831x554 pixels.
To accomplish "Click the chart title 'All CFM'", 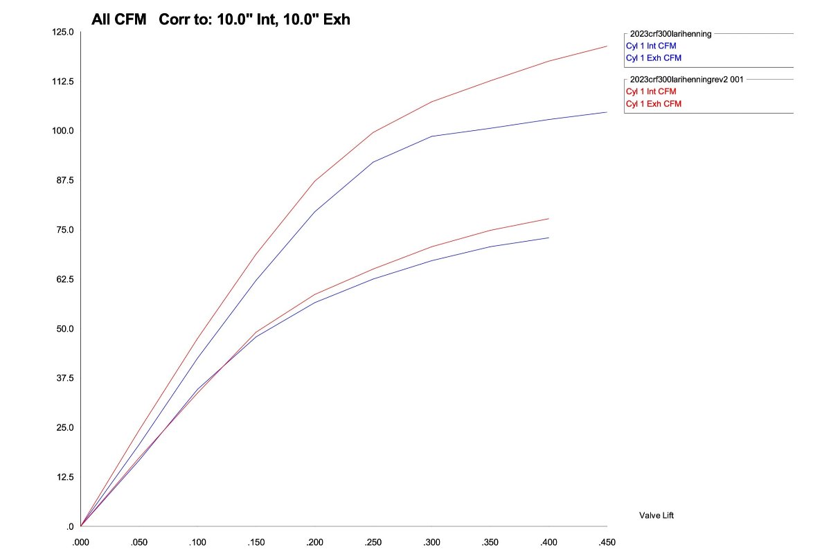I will point(118,19).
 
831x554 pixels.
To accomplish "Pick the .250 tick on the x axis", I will point(373,542).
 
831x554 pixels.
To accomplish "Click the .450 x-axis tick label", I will point(607,542).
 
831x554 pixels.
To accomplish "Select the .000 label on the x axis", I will point(81,542).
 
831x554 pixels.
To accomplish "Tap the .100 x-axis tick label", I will point(198,542).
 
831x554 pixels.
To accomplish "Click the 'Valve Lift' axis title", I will point(656,515).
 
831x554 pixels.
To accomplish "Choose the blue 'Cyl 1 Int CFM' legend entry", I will point(651,46).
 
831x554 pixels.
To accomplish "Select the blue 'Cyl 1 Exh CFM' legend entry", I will point(653,57).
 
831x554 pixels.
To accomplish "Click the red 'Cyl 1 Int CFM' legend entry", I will point(651,91).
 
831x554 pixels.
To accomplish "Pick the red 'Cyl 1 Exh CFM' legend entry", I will point(653,103).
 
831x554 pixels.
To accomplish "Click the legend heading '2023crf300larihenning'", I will point(670,33).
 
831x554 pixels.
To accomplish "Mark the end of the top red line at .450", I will point(607,46).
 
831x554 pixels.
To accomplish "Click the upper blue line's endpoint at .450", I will point(607,112).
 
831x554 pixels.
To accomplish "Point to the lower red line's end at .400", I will point(548,219).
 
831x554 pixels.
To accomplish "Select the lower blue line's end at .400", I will point(548,238).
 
